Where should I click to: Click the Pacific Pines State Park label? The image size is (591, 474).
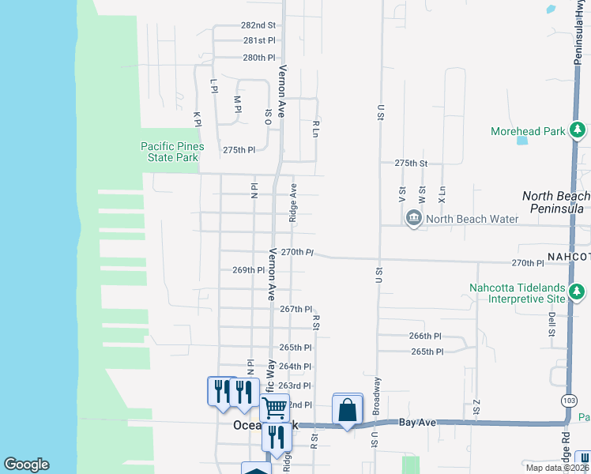tap(172, 152)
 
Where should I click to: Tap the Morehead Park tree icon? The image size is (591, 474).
tap(578, 130)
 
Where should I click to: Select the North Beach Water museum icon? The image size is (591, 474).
tap(413, 219)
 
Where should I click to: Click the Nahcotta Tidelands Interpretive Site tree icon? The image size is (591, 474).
tap(578, 293)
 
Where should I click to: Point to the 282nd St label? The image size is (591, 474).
tap(259, 25)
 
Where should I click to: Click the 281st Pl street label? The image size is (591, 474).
tap(259, 40)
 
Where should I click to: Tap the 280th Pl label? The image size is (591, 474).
tap(259, 58)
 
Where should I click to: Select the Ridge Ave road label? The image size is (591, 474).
tap(292, 202)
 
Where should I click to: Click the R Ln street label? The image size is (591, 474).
tap(315, 129)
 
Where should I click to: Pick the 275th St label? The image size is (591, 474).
tap(411, 163)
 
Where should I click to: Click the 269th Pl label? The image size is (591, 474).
tap(248, 270)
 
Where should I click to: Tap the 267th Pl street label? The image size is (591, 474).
tap(296, 310)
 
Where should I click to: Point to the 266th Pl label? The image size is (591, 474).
tap(426, 336)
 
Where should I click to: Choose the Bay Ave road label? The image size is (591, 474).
tap(417, 423)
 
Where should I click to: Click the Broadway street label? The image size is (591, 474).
tap(377, 396)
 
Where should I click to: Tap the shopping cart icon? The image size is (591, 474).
tap(274, 408)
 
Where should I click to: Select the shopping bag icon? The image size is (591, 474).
tap(347, 410)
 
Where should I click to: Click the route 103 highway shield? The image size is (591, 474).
tap(570, 401)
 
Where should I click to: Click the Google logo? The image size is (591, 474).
tap(26, 465)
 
